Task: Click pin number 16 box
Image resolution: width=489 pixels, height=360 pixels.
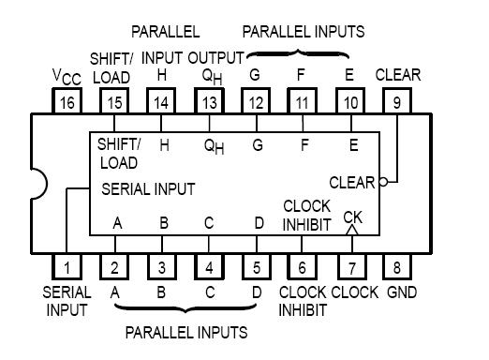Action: tap(67, 101)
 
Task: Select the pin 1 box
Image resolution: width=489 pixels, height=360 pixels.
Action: tap(67, 266)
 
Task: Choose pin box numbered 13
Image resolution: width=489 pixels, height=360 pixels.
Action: tap(209, 101)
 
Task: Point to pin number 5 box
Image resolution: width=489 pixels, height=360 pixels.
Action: tap(256, 266)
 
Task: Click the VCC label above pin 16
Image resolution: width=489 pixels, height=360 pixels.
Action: tap(66, 75)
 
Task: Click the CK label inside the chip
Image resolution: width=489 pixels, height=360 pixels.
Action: tap(352, 217)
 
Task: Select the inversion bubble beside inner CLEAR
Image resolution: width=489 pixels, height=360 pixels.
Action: tap(382, 182)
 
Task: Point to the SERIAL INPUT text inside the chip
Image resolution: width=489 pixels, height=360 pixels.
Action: tap(148, 188)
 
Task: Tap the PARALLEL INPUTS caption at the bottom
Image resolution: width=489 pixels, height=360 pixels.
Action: tap(186, 332)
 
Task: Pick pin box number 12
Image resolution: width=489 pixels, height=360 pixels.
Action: tap(256, 101)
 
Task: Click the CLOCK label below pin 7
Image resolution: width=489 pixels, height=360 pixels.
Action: tap(354, 292)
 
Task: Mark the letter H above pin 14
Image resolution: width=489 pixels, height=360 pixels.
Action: tap(162, 75)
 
